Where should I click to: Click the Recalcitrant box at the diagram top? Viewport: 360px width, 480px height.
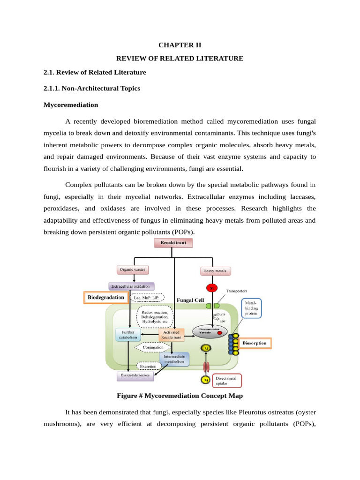pos(173,243)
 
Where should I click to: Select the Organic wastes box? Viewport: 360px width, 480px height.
pos(133,270)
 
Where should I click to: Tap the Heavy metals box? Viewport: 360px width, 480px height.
pos(216,271)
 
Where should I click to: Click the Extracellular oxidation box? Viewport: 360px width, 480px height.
pos(131,286)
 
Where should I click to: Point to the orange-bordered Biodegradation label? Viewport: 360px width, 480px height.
pos(106,297)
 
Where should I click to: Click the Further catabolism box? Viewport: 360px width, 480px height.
pos(128,334)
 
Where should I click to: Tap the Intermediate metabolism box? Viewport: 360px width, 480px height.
pos(174,360)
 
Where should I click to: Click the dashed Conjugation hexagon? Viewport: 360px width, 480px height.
pos(153,347)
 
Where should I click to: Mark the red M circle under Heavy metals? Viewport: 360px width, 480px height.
pos(211,287)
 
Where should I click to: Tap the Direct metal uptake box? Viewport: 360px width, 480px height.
pos(227,380)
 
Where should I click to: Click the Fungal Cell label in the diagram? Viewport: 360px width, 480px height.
pos(190,300)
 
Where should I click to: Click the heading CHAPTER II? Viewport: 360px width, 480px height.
pos(180,45)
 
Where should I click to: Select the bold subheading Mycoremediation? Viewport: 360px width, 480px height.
pos(71,105)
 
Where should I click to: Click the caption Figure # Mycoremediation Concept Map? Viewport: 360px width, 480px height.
pos(180,396)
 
